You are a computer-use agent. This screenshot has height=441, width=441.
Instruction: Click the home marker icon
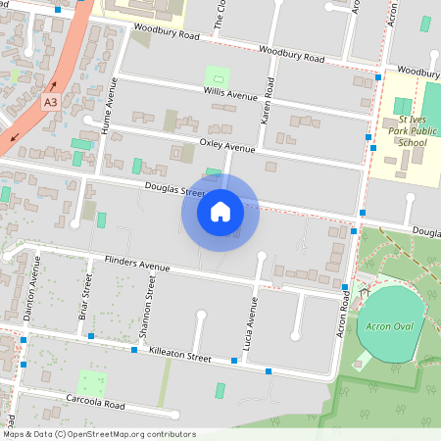coord(220,212)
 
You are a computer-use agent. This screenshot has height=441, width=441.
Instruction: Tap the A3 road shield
coord(51,101)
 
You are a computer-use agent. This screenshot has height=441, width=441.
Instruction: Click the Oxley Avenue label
coord(226,146)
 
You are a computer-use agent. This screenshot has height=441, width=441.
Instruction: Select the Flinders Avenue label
coord(136,264)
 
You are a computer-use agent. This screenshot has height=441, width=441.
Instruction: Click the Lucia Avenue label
coord(251,324)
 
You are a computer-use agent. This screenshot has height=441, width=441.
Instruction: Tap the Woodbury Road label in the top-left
coord(168,34)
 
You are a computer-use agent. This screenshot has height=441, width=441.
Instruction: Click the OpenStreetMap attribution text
coord(98,434)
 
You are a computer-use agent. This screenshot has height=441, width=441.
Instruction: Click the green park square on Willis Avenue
coord(216,75)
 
